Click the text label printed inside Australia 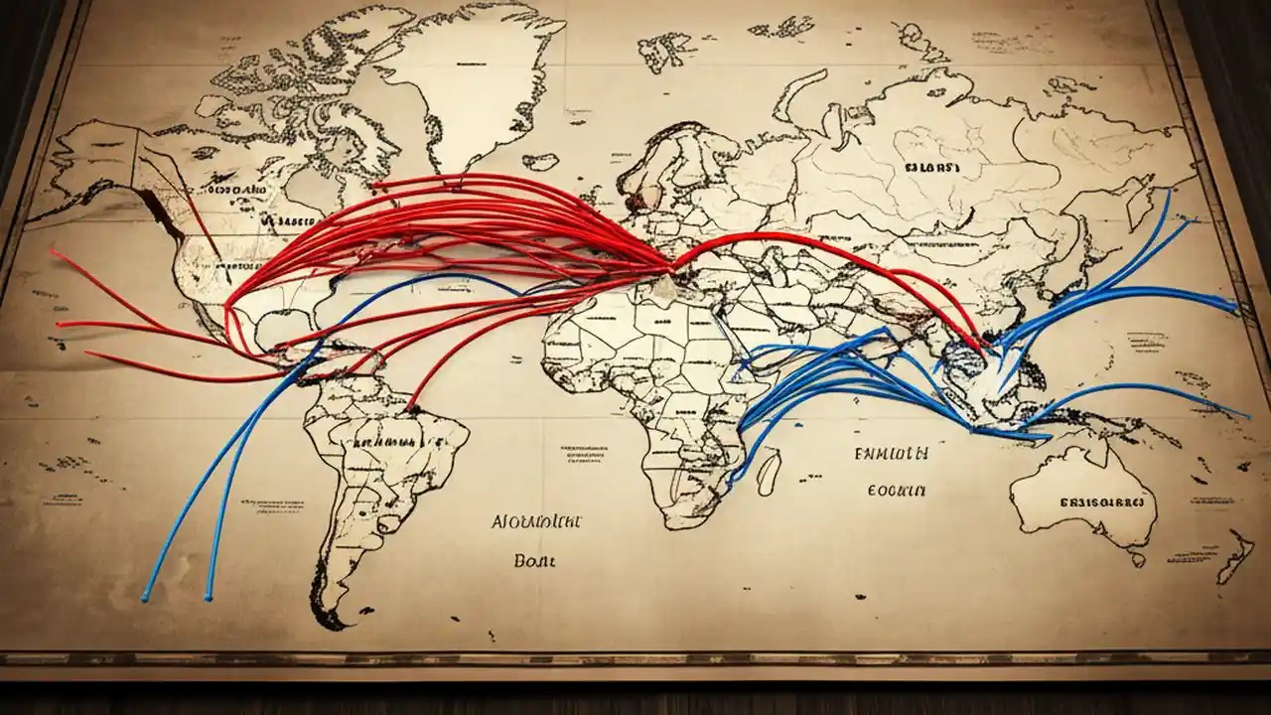(1101, 502)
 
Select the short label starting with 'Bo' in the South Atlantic (535, 560)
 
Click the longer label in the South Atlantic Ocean (537, 520)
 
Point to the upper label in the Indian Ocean (891, 454)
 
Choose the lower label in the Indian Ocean (896, 490)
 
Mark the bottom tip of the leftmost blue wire (145, 599)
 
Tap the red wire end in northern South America (410, 407)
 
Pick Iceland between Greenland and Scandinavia (541, 160)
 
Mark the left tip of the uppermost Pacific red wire (52, 250)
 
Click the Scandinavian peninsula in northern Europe (665, 159)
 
